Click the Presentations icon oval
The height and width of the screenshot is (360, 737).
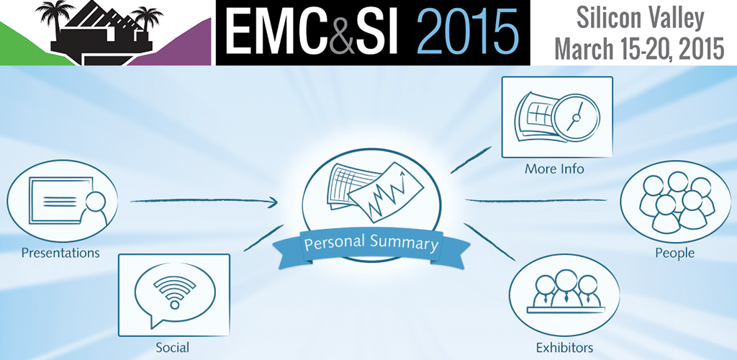point(62,201)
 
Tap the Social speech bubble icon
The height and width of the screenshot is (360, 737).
point(174,295)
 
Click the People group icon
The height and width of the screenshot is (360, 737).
point(677,202)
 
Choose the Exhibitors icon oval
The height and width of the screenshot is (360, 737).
point(564,295)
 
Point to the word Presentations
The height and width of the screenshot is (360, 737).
point(60,253)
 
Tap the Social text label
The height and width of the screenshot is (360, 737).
point(173,348)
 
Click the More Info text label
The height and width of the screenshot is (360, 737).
point(554,168)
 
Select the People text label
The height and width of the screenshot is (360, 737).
point(675,253)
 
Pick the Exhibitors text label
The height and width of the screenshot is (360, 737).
point(564,348)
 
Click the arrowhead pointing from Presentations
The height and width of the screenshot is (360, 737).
point(271,202)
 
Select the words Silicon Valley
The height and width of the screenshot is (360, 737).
point(640,18)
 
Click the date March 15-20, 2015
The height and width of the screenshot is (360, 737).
point(639,48)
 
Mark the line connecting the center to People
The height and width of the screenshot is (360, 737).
point(536,201)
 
